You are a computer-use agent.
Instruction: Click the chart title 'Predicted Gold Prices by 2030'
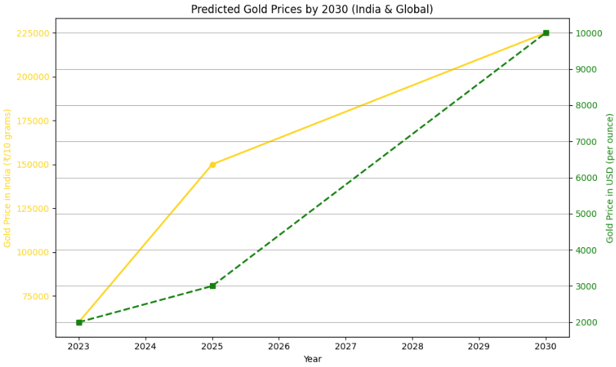311,10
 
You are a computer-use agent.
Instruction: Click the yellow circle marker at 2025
212,165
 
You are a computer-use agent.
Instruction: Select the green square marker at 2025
212,286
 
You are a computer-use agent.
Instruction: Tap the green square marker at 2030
546,33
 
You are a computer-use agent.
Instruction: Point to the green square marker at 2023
79,322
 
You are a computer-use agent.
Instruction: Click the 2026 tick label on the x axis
279,346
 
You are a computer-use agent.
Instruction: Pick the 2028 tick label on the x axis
412,346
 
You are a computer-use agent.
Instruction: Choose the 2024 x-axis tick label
145,346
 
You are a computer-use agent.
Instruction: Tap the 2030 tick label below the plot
546,346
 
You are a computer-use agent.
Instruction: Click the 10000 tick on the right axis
588,33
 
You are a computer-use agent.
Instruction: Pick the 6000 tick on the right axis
586,178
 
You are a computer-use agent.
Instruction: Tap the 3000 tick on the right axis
586,286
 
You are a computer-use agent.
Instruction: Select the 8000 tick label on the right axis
586,106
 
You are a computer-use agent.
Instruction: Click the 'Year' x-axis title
312,359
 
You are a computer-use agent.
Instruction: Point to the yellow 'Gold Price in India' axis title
7,178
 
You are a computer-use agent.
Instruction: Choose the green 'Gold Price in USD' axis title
610,178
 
